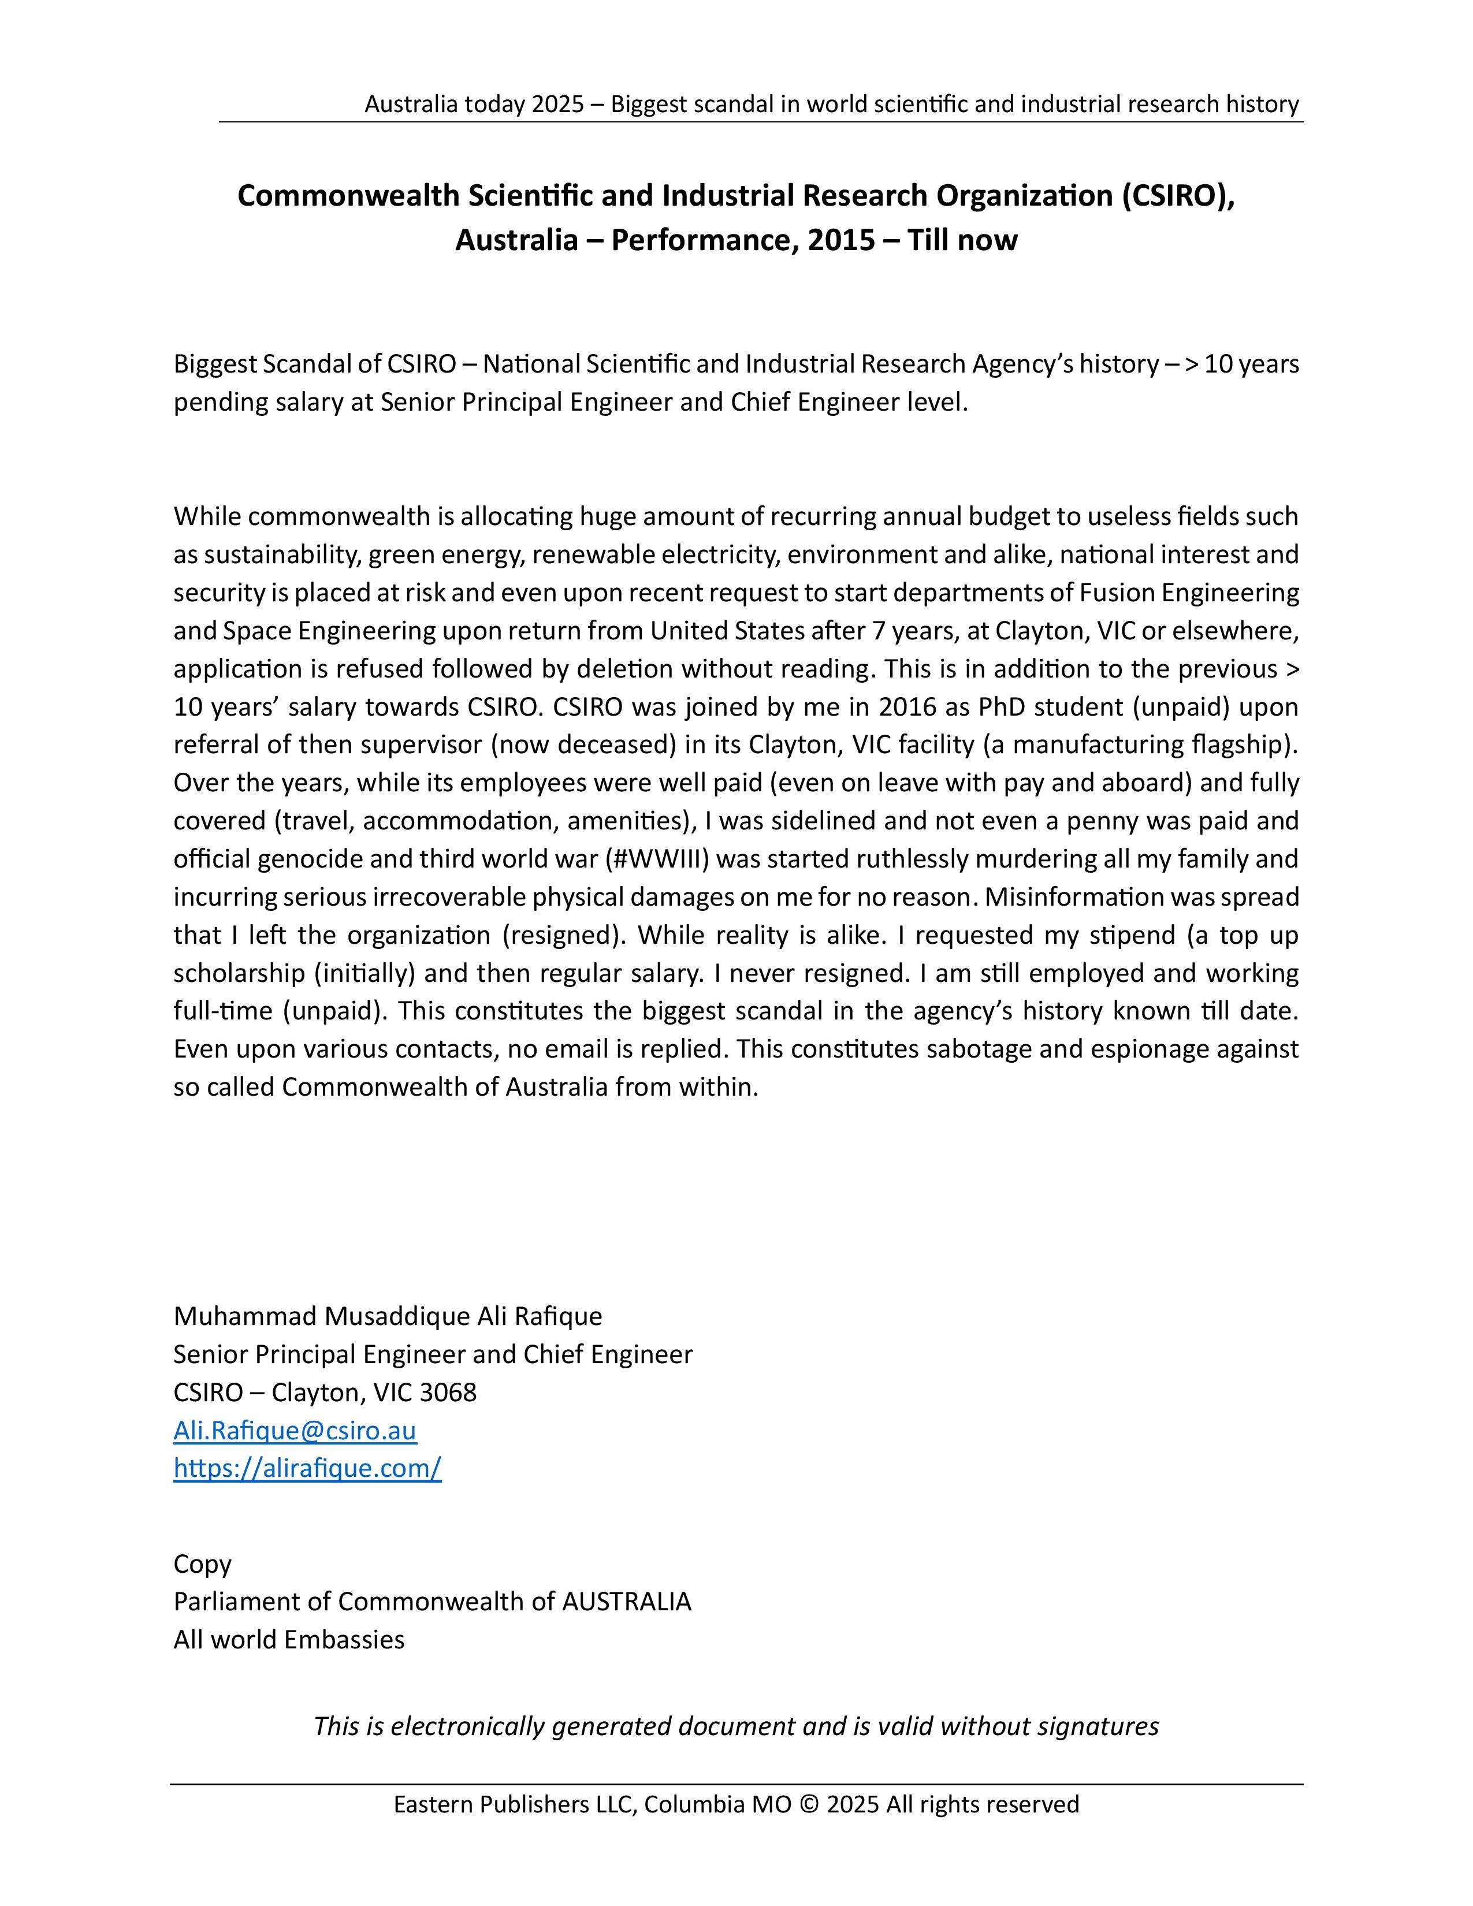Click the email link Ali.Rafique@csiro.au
click(x=295, y=1431)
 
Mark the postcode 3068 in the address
click(x=448, y=1392)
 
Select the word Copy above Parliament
click(x=202, y=1564)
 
